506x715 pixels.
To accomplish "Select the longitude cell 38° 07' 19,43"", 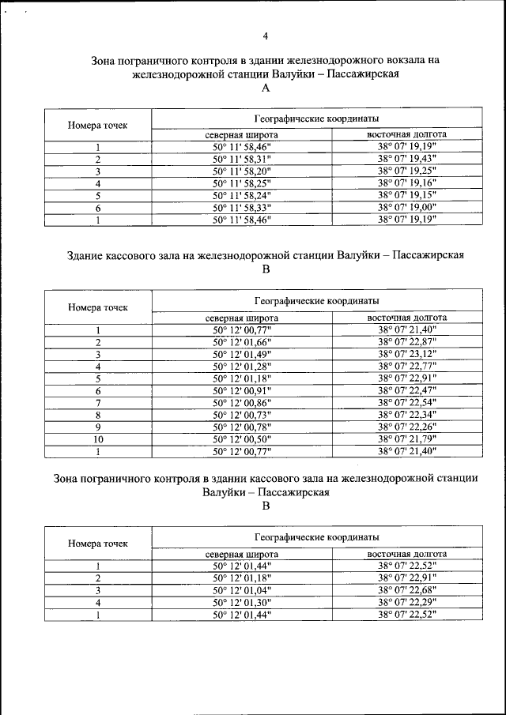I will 407,159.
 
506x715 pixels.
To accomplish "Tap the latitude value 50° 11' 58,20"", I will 242,171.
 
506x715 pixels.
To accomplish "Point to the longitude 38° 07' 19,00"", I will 407,207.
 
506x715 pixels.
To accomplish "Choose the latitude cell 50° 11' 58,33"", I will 242,207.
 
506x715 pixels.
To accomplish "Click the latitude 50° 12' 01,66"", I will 242,342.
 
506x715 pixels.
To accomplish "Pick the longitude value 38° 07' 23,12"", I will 407,354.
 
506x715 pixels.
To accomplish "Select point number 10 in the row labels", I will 98,439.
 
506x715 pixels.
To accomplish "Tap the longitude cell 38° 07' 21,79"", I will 407,439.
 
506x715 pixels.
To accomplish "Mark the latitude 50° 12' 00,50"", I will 242,439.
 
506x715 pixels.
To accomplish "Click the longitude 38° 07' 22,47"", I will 407,390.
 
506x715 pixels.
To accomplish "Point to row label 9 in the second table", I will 98,427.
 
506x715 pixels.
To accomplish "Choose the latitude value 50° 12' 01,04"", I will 242,590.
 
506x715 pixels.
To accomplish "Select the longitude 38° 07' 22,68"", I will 407,590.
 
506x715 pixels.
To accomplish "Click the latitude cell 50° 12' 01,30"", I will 242,602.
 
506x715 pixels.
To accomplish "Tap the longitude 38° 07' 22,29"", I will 407,602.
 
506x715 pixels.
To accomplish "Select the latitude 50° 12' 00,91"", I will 242,390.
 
